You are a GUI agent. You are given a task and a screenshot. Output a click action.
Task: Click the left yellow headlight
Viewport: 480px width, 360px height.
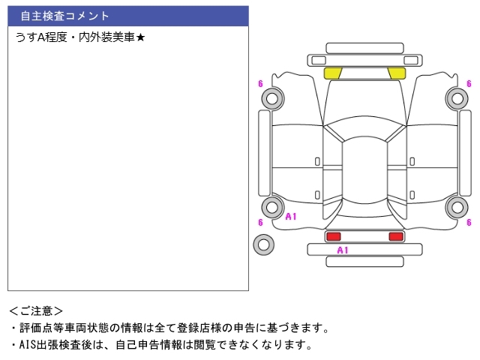333,73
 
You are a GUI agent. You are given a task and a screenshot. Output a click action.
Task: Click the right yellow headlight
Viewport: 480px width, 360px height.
397,73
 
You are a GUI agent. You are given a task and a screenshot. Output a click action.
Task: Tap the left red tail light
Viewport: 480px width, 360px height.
333,236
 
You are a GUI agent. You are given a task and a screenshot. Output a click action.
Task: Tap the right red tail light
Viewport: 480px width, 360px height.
396,236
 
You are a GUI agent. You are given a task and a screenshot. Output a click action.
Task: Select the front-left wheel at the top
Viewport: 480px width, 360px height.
271,97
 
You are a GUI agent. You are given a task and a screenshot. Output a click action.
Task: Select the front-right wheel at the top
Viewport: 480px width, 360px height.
457,97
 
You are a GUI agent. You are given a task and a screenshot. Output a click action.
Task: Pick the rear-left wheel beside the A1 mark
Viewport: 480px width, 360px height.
271,208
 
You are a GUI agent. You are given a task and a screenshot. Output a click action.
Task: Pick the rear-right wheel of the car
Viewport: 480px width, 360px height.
457,208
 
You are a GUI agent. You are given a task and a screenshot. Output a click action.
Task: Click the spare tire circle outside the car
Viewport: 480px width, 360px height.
263,244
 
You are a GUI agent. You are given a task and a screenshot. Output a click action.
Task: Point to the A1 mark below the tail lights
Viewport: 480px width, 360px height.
343,250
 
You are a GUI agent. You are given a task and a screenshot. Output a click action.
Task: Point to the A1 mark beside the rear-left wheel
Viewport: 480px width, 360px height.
291,217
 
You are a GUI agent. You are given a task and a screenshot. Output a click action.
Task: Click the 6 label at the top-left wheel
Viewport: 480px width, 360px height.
260,83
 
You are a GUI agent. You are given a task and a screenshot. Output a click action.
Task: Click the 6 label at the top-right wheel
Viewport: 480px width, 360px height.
469,83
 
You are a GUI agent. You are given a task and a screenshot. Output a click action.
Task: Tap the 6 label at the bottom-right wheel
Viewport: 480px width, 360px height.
469,222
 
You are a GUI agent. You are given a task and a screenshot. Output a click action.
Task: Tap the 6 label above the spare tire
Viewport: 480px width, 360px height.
260,222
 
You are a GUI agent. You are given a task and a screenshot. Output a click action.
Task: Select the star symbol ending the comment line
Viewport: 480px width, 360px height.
140,36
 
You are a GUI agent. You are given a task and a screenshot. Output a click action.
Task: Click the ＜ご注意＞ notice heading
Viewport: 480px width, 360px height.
36,310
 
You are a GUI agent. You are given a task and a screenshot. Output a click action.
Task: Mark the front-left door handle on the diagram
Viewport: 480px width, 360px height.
317,161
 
